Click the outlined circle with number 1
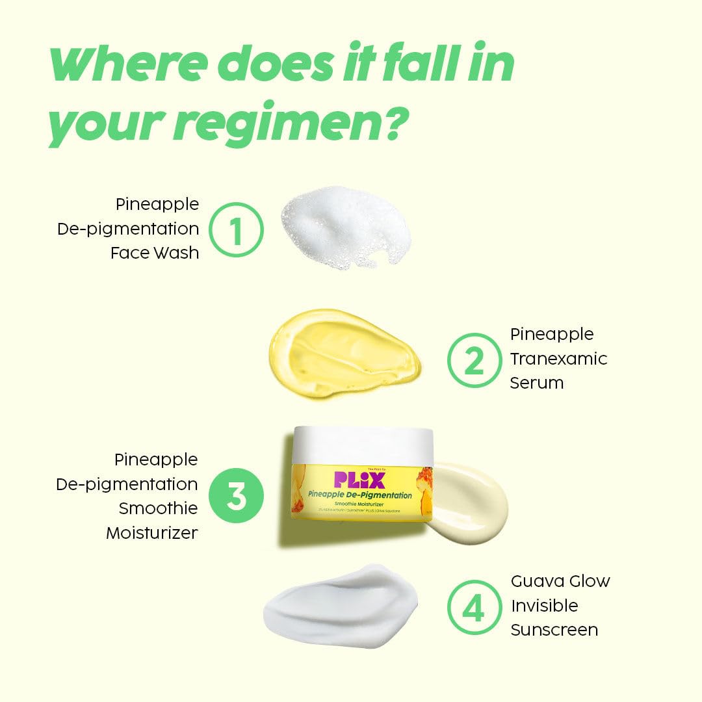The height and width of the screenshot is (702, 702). [236, 230]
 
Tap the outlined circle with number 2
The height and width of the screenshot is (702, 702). [474, 360]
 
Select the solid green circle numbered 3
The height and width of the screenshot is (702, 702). [236, 497]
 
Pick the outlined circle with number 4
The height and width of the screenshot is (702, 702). [474, 608]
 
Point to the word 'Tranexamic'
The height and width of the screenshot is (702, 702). [558, 359]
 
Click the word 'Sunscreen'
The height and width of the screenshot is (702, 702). [554, 630]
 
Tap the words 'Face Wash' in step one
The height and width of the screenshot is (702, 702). [155, 253]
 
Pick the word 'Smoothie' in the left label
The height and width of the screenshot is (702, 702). [158, 508]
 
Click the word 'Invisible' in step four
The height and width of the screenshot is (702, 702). [544, 606]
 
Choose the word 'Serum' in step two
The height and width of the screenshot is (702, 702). [536, 383]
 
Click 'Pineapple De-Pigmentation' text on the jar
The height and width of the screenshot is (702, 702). [361, 496]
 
